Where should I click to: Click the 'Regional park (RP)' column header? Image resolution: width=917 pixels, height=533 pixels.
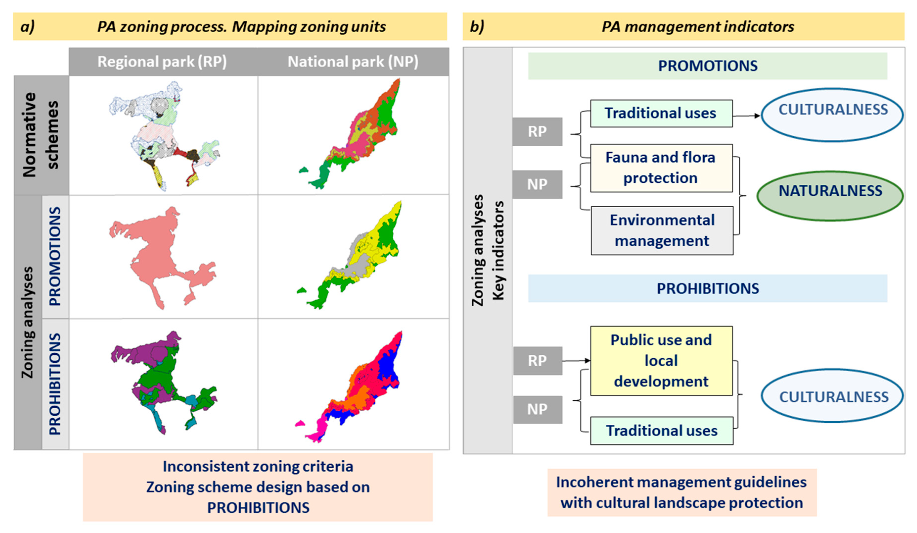pyautogui.click(x=162, y=62)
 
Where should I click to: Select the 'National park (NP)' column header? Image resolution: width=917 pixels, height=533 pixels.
pyautogui.click(x=353, y=62)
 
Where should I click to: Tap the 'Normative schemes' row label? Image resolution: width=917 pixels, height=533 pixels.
pyautogui.click(x=41, y=135)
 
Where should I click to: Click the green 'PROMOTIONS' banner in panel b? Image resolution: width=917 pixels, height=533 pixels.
pyautogui.click(x=707, y=66)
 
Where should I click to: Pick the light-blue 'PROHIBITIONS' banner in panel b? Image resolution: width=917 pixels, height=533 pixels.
pyautogui.click(x=707, y=288)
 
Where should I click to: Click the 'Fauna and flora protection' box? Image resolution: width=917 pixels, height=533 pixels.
pyautogui.click(x=661, y=168)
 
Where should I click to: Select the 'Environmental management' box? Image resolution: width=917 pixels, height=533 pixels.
pyautogui.click(x=662, y=230)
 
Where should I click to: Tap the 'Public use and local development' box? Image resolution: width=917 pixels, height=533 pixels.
pyautogui.click(x=661, y=361)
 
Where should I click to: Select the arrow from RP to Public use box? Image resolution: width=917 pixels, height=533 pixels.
pyautogui.click(x=576, y=361)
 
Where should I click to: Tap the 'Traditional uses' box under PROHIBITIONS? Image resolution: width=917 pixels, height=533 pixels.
pyautogui.click(x=661, y=431)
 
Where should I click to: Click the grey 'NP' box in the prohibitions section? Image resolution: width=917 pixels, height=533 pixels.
pyautogui.click(x=537, y=410)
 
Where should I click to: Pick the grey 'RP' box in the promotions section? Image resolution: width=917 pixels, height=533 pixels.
pyautogui.click(x=537, y=131)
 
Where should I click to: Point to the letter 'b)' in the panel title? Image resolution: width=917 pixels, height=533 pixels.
pyautogui.click(x=477, y=26)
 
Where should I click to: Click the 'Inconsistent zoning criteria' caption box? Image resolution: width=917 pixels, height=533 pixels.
pyautogui.click(x=258, y=487)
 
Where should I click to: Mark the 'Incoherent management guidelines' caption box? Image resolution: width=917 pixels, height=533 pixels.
pyautogui.click(x=682, y=492)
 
